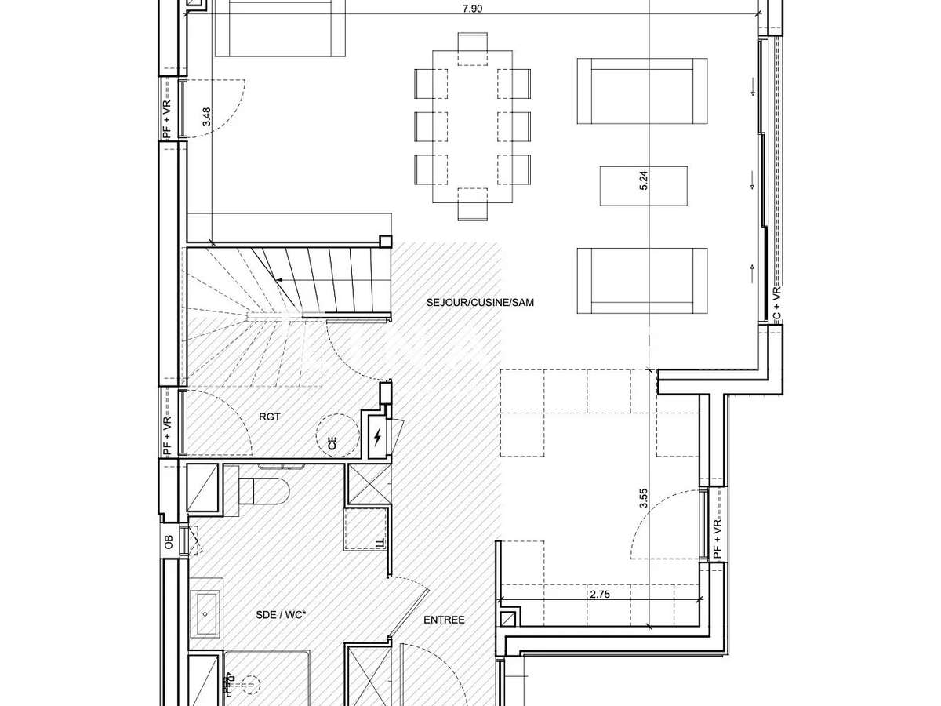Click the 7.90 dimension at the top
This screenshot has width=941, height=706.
[472, 9]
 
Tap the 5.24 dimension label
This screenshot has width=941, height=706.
[644, 181]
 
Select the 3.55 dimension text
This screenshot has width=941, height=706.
[644, 500]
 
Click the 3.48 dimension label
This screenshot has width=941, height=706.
[207, 117]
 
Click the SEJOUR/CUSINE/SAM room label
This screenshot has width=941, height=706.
[480, 302]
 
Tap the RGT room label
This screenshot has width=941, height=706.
[270, 417]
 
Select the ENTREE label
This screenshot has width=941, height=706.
[444, 620]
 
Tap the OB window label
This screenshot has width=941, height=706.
[168, 541]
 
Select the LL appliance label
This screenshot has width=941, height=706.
[380, 543]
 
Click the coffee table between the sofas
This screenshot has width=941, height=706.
[643, 186]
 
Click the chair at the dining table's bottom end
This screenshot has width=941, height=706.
[472, 205]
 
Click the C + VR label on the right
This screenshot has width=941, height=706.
[777, 304]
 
